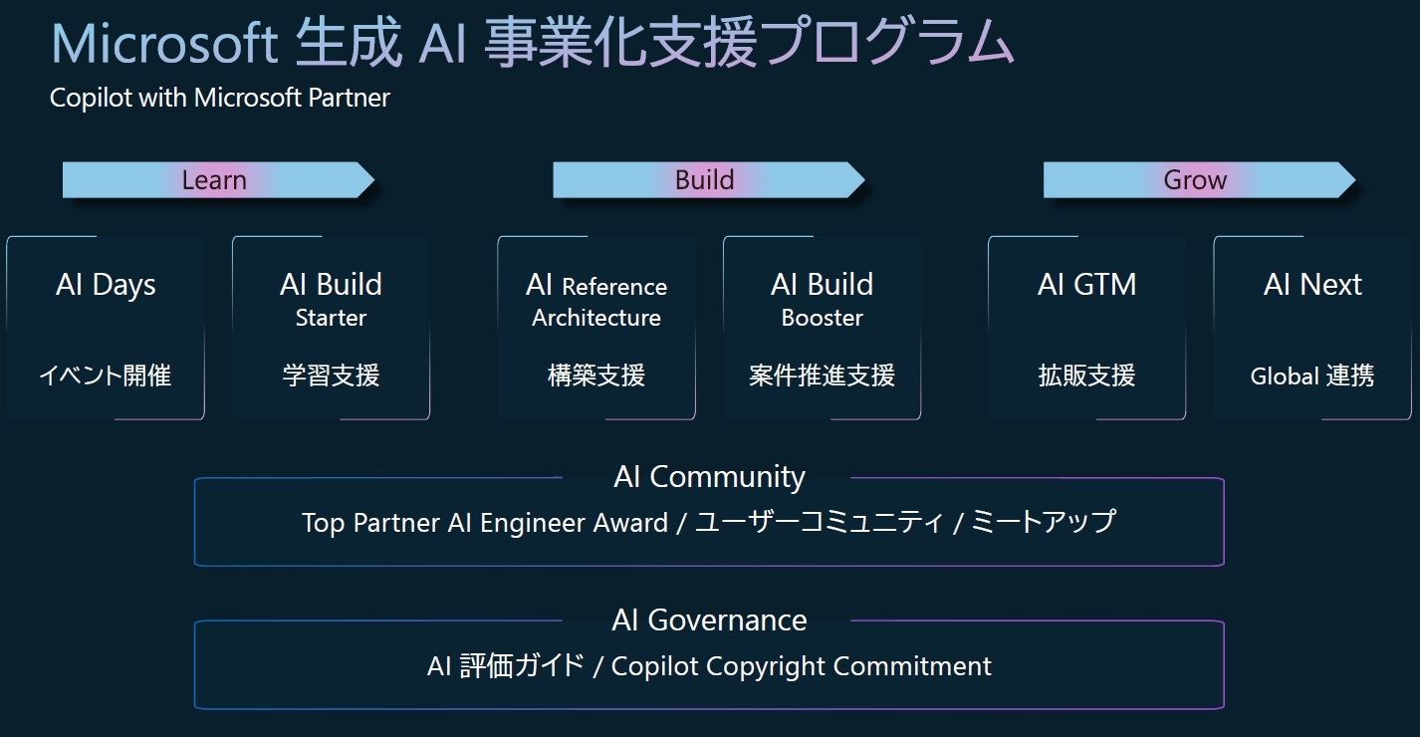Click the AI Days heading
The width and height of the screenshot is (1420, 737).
pyautogui.click(x=106, y=285)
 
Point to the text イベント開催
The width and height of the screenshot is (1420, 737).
pyautogui.click(x=106, y=375)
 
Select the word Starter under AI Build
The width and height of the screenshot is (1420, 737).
pyautogui.click(x=331, y=318)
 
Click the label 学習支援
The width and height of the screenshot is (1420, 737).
pyautogui.click(x=331, y=375)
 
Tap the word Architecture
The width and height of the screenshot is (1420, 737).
pyautogui.click(x=596, y=318)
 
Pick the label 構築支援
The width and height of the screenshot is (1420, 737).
pyautogui.click(x=596, y=375)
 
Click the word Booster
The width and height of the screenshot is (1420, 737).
pyautogui.click(x=822, y=318)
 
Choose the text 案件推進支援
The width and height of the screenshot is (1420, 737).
pyautogui.click(x=822, y=375)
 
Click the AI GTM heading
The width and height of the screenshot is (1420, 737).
pyautogui.click(x=1086, y=285)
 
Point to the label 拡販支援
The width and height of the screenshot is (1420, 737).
pyautogui.click(x=1086, y=375)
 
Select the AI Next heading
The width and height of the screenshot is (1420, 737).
pyautogui.click(x=1312, y=285)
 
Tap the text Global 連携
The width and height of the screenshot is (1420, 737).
pyautogui.click(x=1312, y=375)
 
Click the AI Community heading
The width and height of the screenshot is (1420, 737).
pyautogui.click(x=709, y=477)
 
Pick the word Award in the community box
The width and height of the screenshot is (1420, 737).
pyautogui.click(x=630, y=523)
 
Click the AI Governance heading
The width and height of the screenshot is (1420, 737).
pyautogui.click(x=709, y=620)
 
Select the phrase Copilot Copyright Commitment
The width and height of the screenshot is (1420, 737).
pyautogui.click(x=802, y=666)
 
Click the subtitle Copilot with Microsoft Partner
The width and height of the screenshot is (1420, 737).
pyautogui.click(x=220, y=98)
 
